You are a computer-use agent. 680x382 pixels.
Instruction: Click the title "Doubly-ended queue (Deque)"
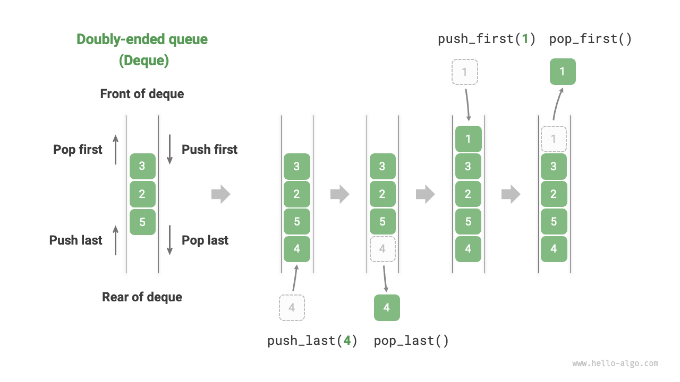point(142,49)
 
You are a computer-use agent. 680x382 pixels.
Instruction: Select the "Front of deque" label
point(142,94)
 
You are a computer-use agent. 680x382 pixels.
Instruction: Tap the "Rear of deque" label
point(142,297)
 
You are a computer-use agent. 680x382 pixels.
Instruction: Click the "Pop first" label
point(78,150)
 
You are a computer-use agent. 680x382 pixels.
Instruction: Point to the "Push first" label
point(209,150)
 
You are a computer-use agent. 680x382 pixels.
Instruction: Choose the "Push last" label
point(75,240)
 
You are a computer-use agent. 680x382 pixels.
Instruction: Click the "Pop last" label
point(205,240)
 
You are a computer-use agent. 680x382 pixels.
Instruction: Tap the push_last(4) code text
point(312,341)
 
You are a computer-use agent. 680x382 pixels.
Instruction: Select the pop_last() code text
point(411,341)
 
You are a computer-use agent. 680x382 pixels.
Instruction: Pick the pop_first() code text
point(590,39)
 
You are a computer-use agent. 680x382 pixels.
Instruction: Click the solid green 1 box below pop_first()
point(563,72)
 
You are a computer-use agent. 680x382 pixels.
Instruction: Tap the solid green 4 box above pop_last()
point(387,308)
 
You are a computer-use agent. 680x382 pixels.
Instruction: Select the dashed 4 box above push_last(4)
point(292,308)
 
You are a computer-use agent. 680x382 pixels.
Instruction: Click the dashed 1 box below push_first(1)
point(465,72)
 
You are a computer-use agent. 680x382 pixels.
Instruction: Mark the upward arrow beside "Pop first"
point(116,150)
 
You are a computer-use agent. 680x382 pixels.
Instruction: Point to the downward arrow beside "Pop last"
point(170,240)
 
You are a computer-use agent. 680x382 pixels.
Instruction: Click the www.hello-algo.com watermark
point(615,363)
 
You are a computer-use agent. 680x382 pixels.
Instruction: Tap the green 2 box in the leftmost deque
point(142,194)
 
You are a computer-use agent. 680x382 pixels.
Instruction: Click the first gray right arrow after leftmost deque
point(220,195)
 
